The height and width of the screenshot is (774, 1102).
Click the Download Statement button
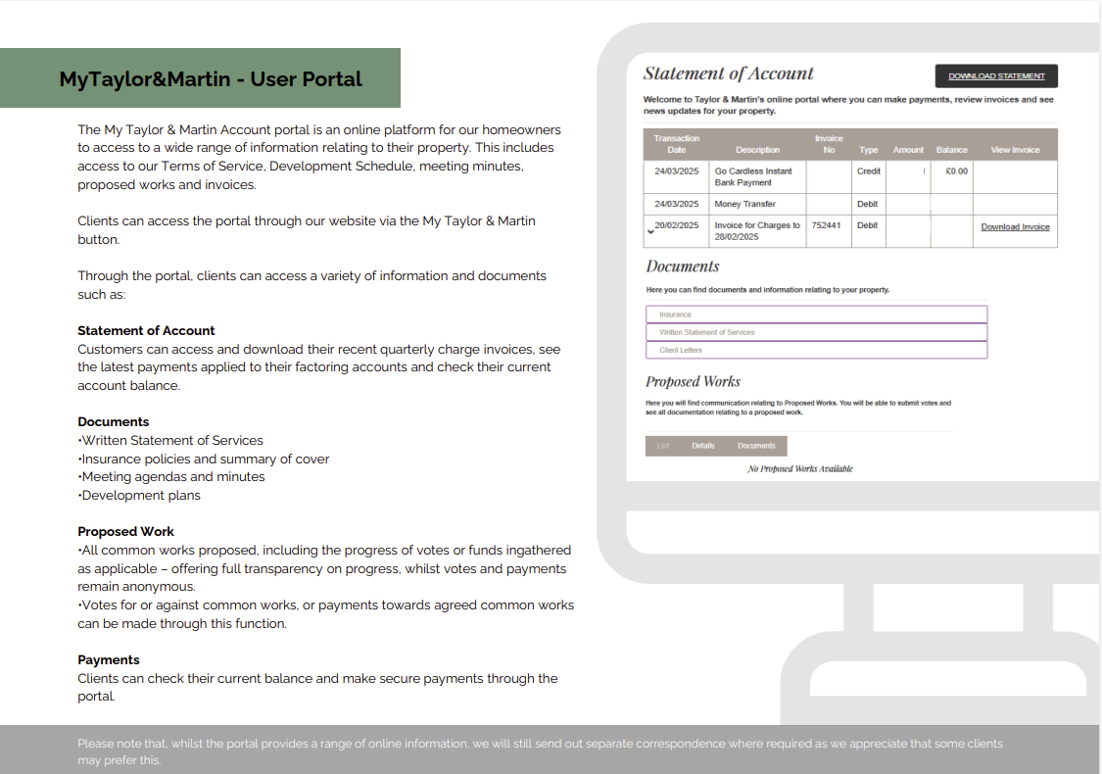(996, 76)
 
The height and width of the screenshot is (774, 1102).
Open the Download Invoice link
(1015, 227)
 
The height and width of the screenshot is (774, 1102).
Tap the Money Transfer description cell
(745, 204)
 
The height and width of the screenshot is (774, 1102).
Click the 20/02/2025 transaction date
(677, 225)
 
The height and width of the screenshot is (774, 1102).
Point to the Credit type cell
(868, 171)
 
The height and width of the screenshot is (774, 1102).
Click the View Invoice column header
(1015, 150)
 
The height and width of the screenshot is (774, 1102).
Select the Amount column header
(908, 150)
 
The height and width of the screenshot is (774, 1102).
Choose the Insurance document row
(816, 314)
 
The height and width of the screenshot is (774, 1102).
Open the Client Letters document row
(816, 350)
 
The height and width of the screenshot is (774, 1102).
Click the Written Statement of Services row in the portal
(816, 332)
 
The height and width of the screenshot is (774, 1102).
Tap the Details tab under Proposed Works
(703, 446)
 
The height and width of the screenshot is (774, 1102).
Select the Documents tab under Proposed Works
(756, 446)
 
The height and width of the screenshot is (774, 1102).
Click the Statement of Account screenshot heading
(728, 73)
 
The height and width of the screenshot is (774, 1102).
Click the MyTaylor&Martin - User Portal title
(211, 79)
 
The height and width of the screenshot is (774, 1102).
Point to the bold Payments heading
(109, 660)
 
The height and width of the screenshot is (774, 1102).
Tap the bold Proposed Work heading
(126, 532)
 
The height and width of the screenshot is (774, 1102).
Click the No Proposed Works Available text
(799, 469)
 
